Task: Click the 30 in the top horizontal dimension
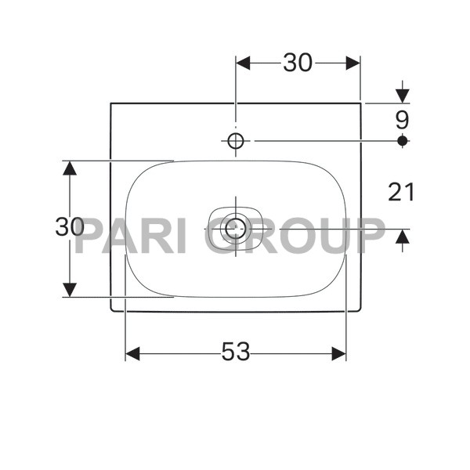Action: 298,63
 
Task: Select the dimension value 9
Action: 402,120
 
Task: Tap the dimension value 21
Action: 402,191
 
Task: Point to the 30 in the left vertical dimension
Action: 70,227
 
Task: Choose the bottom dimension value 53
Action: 235,353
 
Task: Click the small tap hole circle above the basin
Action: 236,141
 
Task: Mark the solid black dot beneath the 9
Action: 403,140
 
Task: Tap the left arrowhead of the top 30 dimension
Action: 243,63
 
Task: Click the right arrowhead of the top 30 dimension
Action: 352,63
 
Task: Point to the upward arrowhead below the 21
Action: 403,237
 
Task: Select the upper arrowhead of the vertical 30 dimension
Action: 70,168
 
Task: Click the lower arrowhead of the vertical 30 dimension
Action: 70,289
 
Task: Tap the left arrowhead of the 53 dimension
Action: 132,354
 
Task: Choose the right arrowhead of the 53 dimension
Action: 338,354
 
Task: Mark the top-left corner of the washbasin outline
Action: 110,103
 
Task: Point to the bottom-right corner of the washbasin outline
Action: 360,311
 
